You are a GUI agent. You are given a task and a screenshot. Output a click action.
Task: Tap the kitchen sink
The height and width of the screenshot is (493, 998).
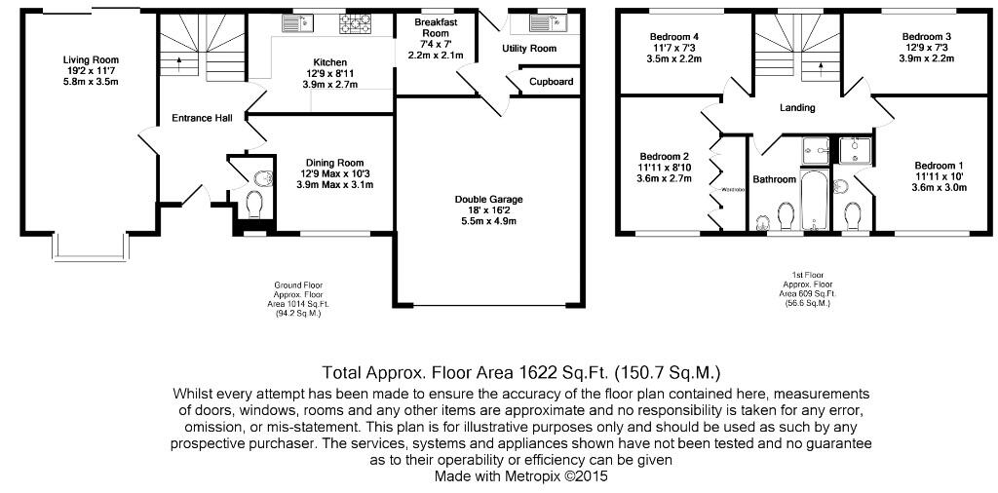(x=295, y=22)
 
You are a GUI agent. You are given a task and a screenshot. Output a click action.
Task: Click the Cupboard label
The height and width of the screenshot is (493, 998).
(x=552, y=82)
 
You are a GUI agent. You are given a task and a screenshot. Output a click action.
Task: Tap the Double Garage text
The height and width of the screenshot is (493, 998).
(x=484, y=199)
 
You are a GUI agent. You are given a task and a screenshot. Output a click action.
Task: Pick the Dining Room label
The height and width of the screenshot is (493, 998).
(x=334, y=163)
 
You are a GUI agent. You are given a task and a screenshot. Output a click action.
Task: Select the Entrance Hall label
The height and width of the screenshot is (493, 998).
(x=202, y=118)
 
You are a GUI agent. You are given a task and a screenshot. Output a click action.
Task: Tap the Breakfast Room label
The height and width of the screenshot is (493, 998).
(x=436, y=28)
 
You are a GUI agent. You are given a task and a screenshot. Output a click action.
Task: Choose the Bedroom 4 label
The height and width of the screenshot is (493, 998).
(x=675, y=37)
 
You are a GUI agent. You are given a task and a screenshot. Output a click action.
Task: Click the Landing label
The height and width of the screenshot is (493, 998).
(x=796, y=108)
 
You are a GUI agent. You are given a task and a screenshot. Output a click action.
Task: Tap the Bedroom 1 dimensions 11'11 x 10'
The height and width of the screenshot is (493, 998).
(x=940, y=177)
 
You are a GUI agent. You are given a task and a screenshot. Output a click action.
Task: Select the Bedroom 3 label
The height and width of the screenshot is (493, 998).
(x=926, y=37)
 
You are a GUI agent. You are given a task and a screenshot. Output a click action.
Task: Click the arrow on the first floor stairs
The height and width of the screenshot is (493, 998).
(x=820, y=67)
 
